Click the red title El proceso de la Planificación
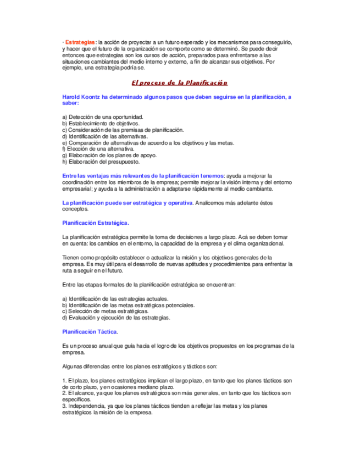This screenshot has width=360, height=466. pos(179,82)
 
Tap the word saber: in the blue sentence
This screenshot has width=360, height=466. pos(71,103)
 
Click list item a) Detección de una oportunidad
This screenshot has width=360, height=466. pos(103,117)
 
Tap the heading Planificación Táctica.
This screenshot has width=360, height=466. pos(90,332)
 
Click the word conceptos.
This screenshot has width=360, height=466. pos(75,209)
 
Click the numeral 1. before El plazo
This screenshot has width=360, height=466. pos(64,381)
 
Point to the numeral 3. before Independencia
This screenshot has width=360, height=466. pos(64,406)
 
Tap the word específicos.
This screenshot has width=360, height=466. pos(76,400)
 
